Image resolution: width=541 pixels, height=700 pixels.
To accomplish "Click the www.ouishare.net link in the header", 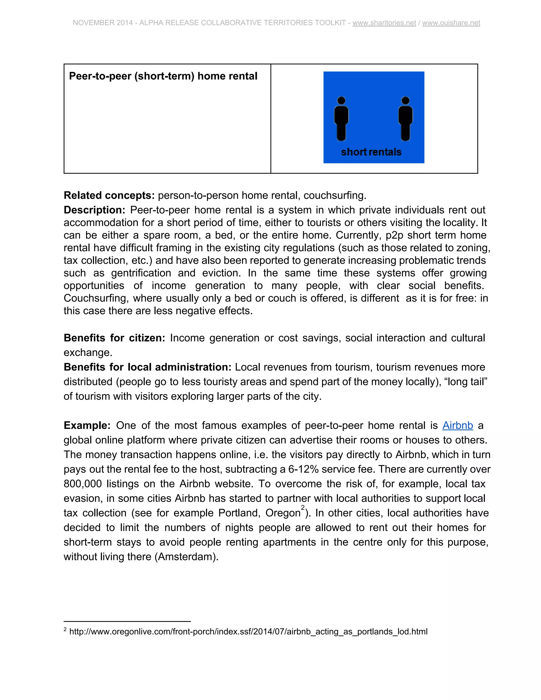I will [451, 23].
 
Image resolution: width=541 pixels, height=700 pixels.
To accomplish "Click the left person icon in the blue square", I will [341, 119].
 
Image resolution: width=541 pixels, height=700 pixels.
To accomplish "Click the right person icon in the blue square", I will [405, 119].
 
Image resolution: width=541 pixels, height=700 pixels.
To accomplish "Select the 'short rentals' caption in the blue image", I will [371, 152].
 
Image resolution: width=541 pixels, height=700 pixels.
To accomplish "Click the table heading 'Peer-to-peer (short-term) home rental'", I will [163, 76].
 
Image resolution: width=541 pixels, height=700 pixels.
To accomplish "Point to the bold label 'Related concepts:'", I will [109, 195].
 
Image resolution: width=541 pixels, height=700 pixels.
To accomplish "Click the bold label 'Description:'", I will [95, 210].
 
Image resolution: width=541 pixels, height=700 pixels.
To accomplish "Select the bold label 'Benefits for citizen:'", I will [114, 338].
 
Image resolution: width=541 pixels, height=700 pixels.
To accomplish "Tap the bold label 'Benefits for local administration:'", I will [147, 367].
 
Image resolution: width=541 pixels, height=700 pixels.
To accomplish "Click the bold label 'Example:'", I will [87, 425].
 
